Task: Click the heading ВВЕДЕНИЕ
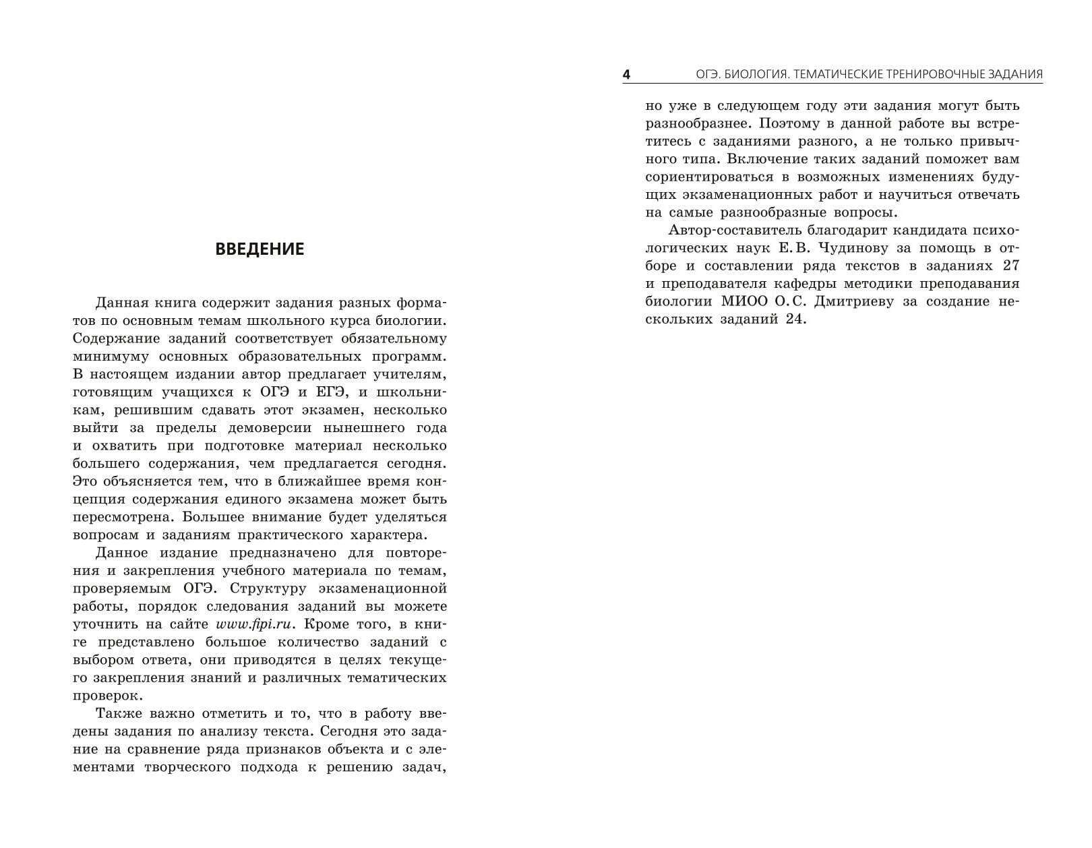[260, 249]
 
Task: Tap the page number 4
[626, 74]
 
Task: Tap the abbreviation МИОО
[741, 301]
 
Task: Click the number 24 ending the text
[795, 320]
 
